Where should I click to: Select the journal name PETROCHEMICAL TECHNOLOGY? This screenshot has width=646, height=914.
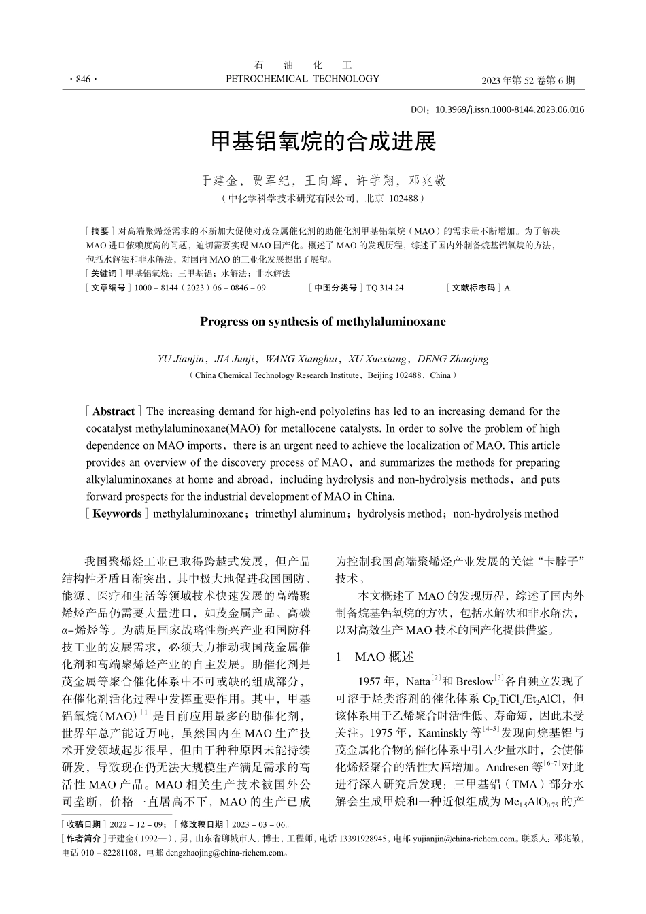[x=302, y=79]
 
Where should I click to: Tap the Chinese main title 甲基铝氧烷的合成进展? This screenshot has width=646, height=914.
[x=323, y=141]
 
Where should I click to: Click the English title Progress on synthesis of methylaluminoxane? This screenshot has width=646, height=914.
[x=323, y=322]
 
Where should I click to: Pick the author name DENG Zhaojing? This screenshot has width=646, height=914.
[x=453, y=359]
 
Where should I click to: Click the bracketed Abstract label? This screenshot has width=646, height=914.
[x=114, y=411]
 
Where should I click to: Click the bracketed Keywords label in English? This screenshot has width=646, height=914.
[x=116, y=513]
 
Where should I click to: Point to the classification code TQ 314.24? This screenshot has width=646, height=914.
[x=385, y=288]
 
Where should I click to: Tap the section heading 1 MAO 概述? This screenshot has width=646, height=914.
[x=375, y=657]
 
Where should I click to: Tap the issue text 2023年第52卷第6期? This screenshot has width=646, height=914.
[x=528, y=80]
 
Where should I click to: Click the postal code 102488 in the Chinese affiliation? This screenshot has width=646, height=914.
[x=405, y=199]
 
